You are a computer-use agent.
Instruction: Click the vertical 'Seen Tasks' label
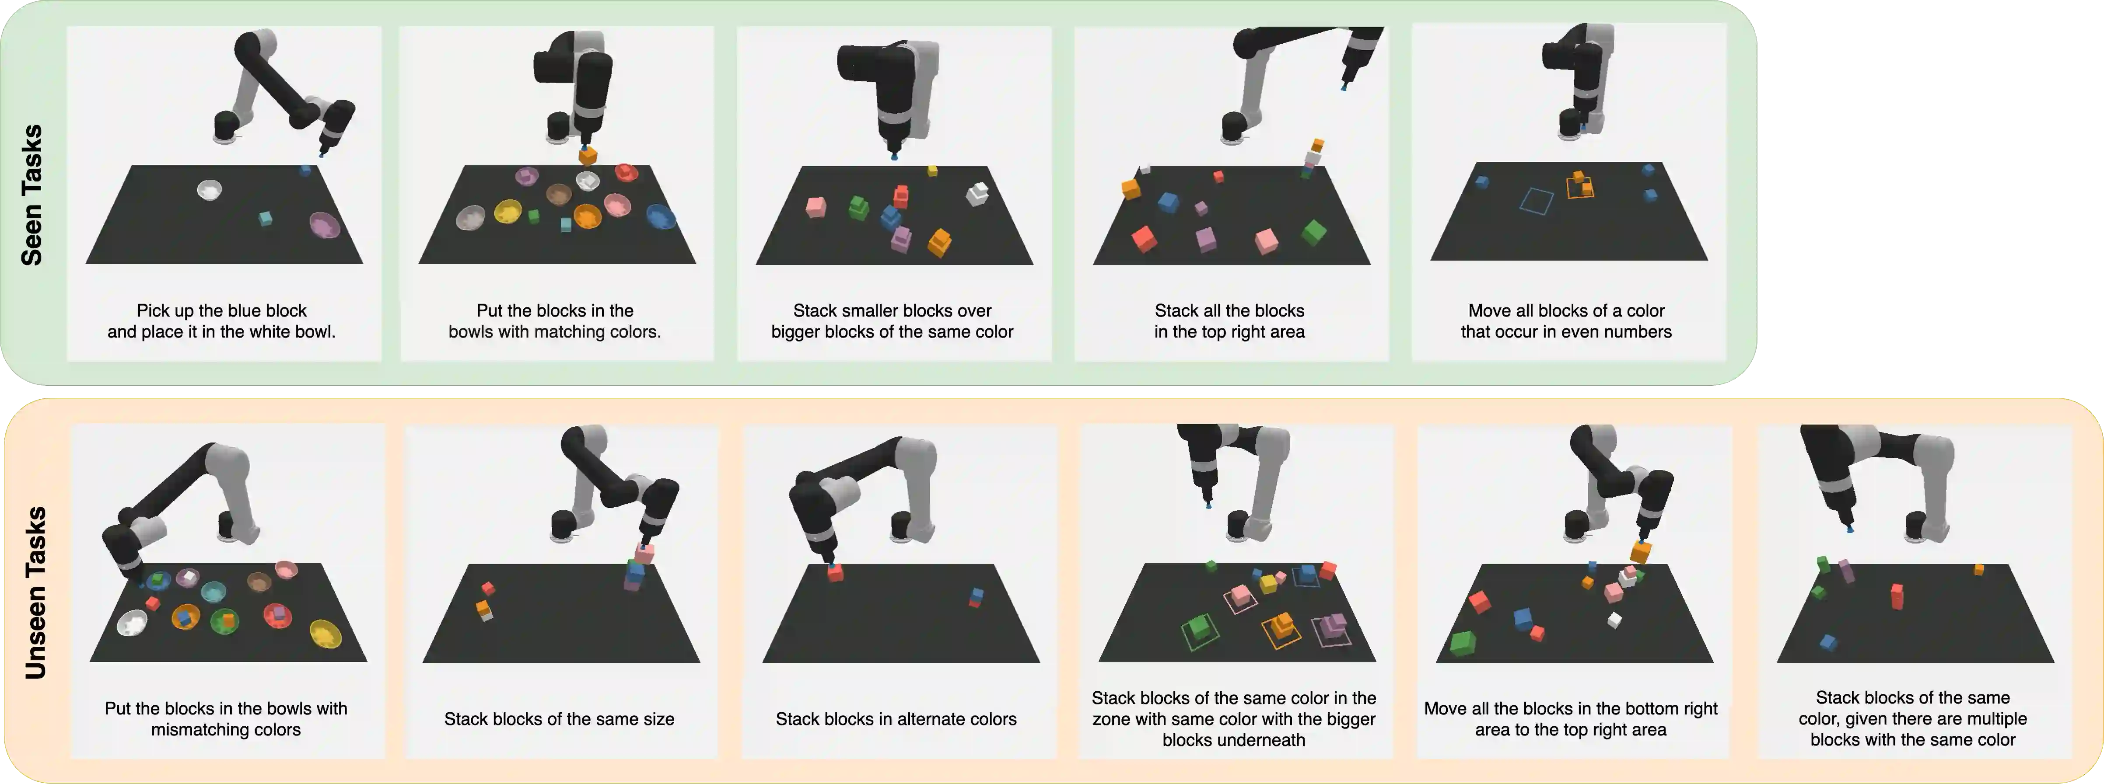pyautogui.click(x=31, y=195)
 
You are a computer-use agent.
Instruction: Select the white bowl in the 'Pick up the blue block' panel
pyautogui.click(x=209, y=190)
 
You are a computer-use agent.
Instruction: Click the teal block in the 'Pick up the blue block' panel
pyautogui.click(x=265, y=218)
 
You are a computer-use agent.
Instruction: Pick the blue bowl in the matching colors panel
pyautogui.click(x=661, y=216)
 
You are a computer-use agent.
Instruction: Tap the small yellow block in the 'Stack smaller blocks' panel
pyautogui.click(x=932, y=171)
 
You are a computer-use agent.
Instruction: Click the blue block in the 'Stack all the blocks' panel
pyautogui.click(x=1168, y=202)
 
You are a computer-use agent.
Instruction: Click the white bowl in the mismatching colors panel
pyautogui.click(x=132, y=623)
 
